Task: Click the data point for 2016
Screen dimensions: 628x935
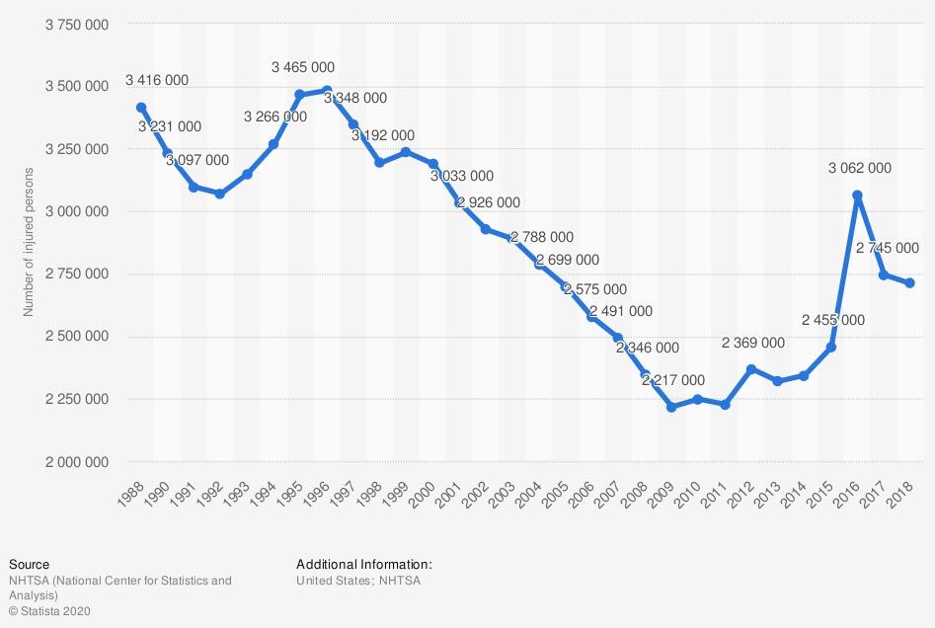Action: tap(857, 196)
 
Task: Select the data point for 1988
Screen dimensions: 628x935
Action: tap(141, 108)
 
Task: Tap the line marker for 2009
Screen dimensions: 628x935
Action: tap(671, 407)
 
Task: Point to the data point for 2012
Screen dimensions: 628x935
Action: tap(751, 369)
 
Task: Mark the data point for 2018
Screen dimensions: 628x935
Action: tap(909, 283)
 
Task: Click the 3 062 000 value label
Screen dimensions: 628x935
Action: tap(859, 168)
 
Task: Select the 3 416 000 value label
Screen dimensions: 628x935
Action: tap(157, 80)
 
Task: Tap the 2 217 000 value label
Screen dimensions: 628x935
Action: tap(673, 379)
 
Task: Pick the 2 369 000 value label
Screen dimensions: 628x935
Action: tap(753, 343)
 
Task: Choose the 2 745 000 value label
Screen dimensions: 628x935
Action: tap(888, 248)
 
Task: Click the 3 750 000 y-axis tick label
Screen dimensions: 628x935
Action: tap(76, 24)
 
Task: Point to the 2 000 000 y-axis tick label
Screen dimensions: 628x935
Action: tap(76, 462)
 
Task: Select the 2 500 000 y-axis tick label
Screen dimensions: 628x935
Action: tap(76, 337)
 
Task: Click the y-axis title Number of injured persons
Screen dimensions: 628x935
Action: tap(30, 243)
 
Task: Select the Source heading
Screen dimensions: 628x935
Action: tap(29, 565)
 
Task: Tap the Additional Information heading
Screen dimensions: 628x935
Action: tap(364, 565)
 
